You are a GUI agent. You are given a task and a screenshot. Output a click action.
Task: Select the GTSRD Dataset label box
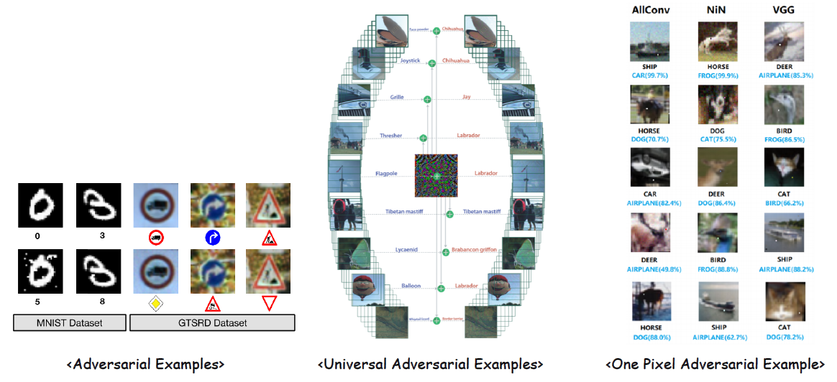click(x=212, y=322)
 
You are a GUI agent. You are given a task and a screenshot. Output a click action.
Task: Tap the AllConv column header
click(x=649, y=11)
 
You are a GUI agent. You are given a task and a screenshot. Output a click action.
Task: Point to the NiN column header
click(x=717, y=11)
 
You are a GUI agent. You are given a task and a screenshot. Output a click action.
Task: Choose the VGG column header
click(x=784, y=11)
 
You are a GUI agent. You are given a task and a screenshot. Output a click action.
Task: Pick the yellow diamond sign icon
click(x=155, y=304)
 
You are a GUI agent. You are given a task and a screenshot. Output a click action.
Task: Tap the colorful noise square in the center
click(x=436, y=175)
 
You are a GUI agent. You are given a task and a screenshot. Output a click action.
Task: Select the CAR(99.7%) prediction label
click(x=649, y=75)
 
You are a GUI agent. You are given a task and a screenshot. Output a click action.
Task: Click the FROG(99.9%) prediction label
click(x=717, y=75)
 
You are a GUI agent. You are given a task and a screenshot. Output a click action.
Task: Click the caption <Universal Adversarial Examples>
click(x=430, y=365)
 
